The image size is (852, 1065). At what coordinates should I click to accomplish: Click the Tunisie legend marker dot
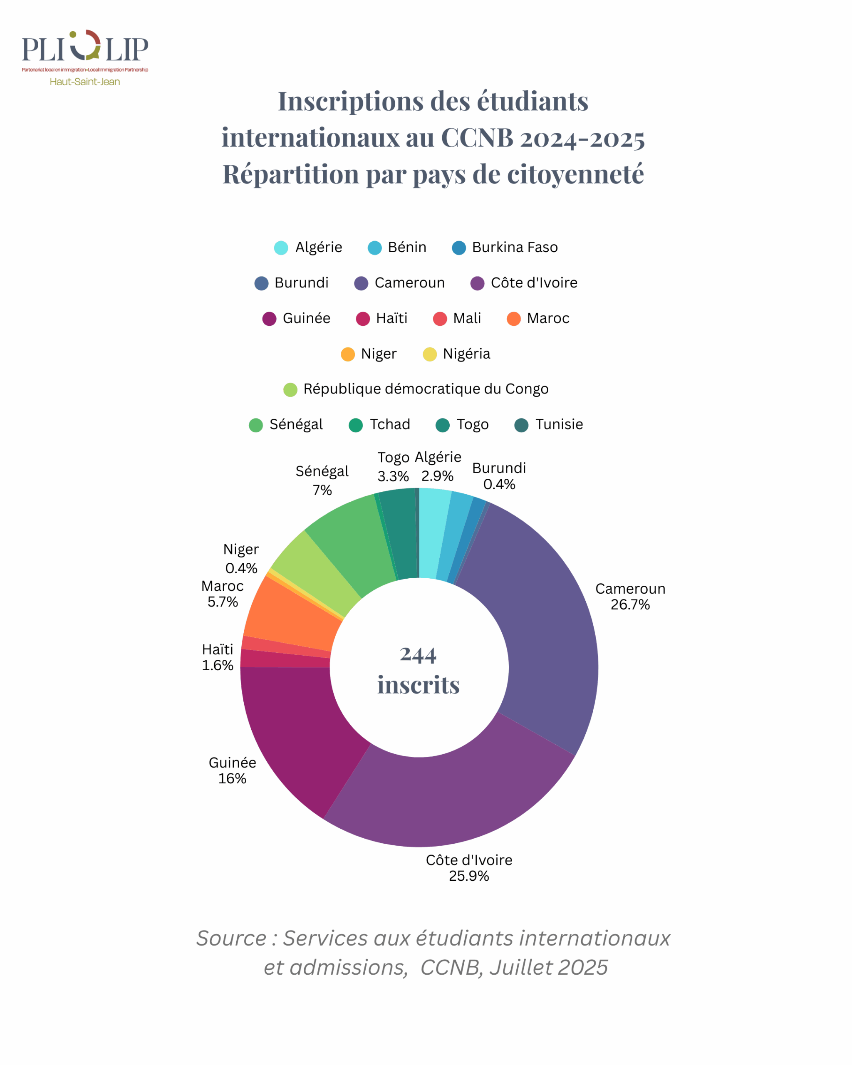click(521, 425)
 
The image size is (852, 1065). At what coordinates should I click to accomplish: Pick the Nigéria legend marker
click(430, 354)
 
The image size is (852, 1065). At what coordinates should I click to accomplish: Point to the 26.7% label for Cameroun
click(630, 604)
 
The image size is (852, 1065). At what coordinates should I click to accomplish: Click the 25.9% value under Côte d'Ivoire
click(469, 876)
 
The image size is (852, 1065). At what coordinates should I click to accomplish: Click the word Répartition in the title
click(291, 174)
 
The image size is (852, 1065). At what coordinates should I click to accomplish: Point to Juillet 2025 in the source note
click(548, 967)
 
